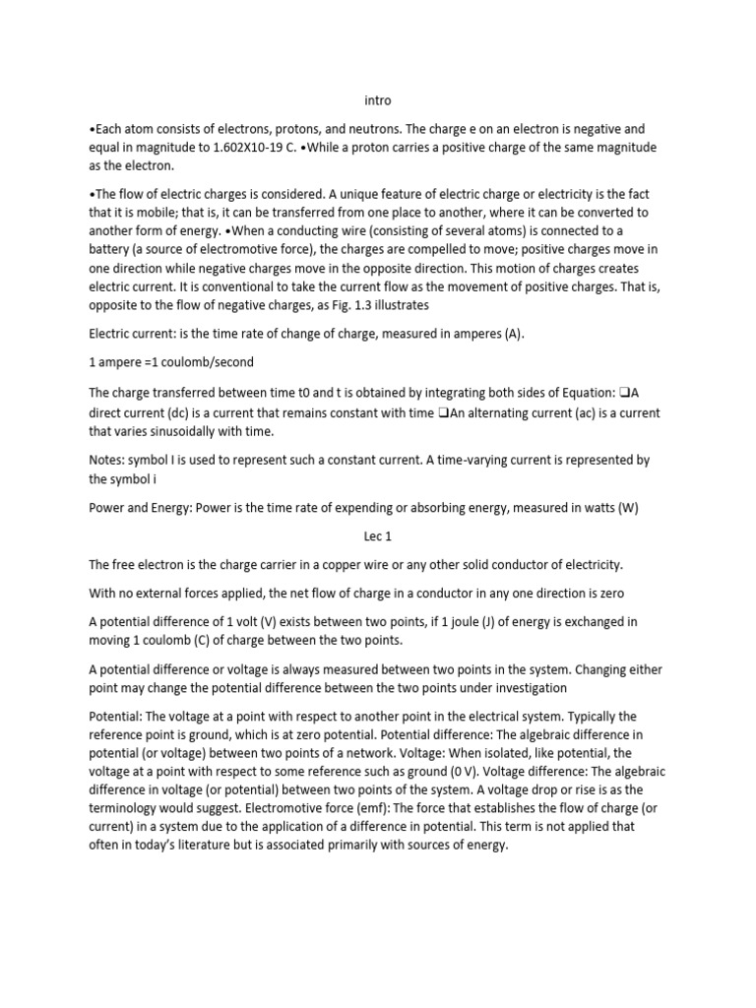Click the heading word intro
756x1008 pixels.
378,99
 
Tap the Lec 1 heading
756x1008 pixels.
378,536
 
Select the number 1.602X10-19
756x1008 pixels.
255,148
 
